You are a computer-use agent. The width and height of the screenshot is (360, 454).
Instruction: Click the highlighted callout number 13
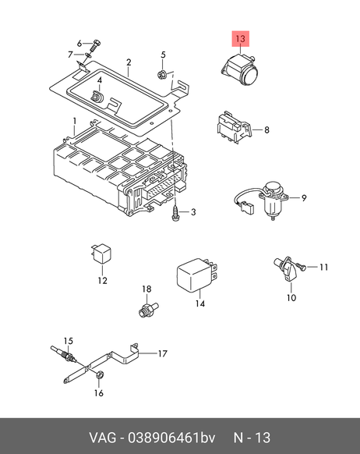240,38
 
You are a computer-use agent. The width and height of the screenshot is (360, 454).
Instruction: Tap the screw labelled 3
176,214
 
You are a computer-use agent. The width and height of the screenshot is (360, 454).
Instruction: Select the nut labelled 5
162,75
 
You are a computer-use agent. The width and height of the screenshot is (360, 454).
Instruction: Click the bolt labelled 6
95,47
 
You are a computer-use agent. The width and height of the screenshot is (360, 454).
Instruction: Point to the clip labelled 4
97,97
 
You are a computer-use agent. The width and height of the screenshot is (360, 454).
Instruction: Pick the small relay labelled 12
101,254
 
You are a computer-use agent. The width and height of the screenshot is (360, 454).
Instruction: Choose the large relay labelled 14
196,275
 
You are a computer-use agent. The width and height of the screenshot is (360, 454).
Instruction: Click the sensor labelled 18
147,309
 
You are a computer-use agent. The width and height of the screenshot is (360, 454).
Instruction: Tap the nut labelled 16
99,375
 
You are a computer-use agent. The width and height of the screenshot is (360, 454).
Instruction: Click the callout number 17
163,353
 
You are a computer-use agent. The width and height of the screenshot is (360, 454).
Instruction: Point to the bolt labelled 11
301,267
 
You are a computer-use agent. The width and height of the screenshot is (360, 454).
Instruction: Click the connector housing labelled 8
233,127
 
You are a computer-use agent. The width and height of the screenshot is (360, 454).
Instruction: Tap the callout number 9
304,198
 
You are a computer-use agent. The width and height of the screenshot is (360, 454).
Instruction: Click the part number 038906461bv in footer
171,437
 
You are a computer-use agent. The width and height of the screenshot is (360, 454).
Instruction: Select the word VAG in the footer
103,437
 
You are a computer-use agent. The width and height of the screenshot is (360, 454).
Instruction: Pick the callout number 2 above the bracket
129,62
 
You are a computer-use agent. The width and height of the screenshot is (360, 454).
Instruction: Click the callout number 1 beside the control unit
75,121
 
